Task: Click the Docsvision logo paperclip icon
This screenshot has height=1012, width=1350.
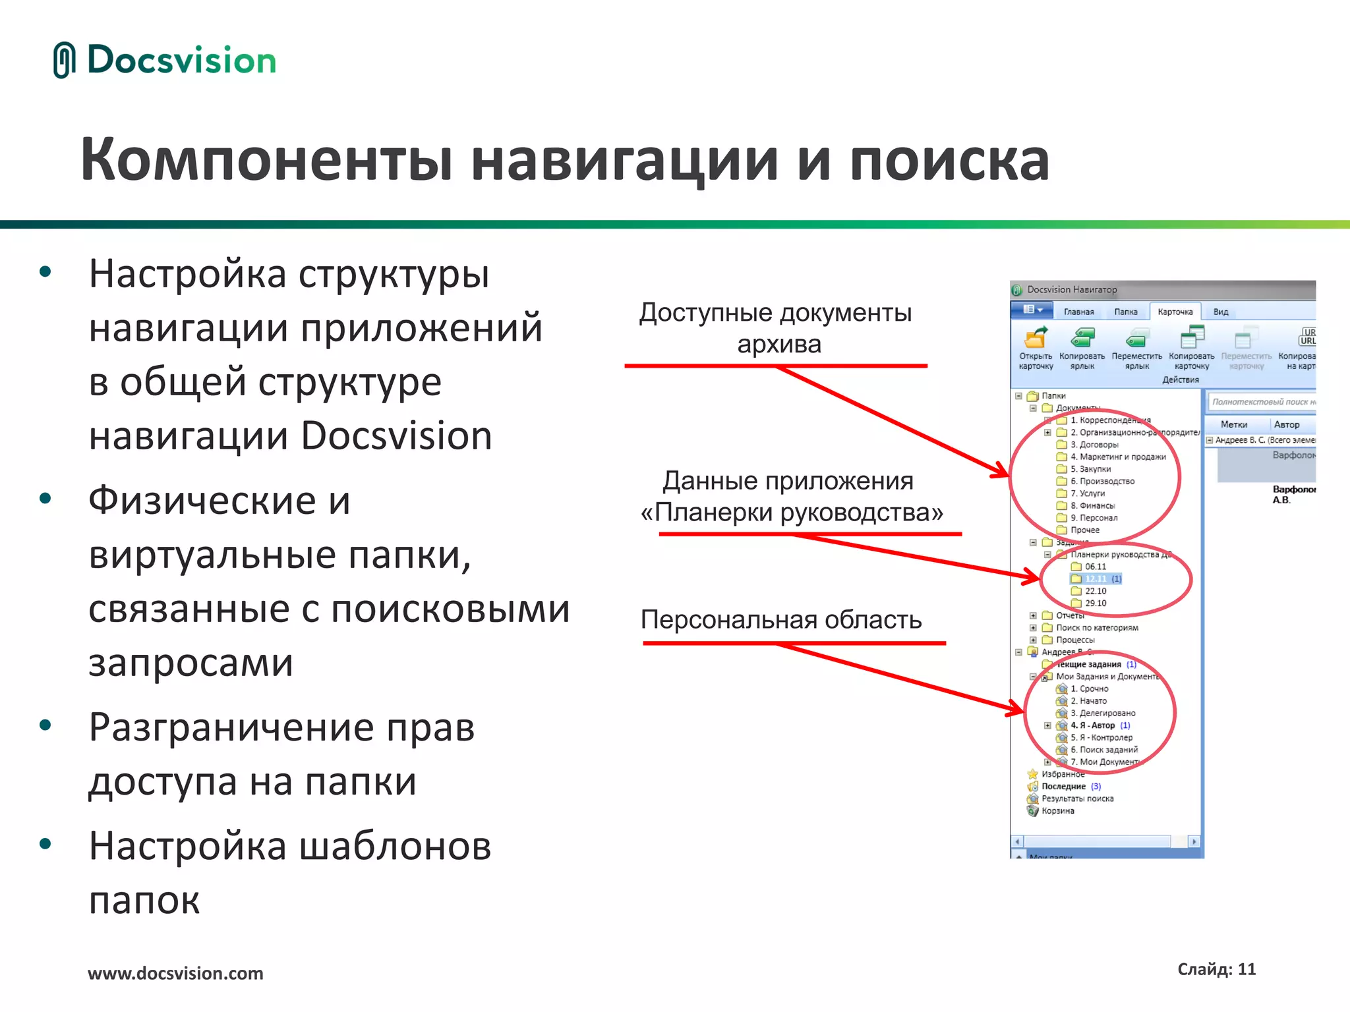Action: click(x=64, y=60)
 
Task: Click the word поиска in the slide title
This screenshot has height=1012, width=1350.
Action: click(x=949, y=160)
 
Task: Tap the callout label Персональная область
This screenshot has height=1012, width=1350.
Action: click(x=781, y=620)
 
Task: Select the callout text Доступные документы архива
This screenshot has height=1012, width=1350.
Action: click(x=776, y=328)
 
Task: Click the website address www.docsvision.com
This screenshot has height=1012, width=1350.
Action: click(x=175, y=973)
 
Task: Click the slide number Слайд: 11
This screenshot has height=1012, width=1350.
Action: click(x=1216, y=969)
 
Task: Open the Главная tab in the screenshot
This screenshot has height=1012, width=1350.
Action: click(x=1078, y=312)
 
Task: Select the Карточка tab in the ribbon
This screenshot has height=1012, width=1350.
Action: click(x=1175, y=312)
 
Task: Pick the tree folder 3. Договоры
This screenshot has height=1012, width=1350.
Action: click(x=1094, y=445)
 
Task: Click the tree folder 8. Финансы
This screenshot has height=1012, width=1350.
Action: click(x=1092, y=506)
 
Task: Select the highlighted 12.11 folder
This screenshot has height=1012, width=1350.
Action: click(x=1096, y=579)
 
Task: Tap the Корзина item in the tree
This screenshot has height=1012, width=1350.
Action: click(x=1057, y=811)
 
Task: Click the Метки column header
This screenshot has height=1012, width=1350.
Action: click(x=1233, y=425)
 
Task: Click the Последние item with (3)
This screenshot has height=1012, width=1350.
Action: click(x=1063, y=787)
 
